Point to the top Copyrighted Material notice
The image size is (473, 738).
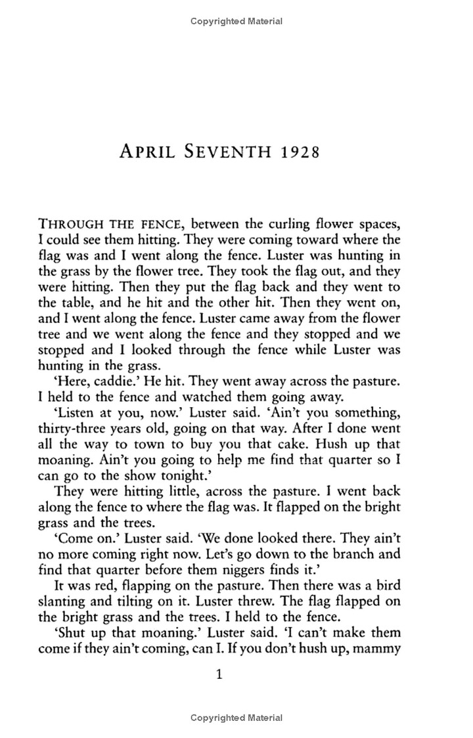point(236,21)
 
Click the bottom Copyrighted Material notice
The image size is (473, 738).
point(236,718)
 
